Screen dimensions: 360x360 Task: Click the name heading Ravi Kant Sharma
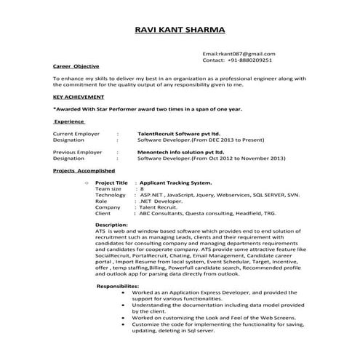coord(180,30)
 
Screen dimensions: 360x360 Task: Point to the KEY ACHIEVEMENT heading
coord(79,96)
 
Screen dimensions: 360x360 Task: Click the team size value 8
coord(142,188)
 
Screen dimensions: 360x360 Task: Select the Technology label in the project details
coord(110,195)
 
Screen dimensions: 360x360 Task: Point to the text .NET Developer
coord(161,201)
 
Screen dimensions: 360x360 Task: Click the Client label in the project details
coord(103,214)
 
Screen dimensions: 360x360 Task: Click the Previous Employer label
coord(78,152)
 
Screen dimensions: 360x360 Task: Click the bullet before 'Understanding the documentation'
coord(119,305)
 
